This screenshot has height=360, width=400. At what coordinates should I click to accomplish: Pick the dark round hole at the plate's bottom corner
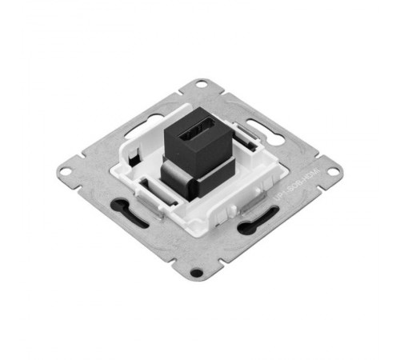tap(196, 273)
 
